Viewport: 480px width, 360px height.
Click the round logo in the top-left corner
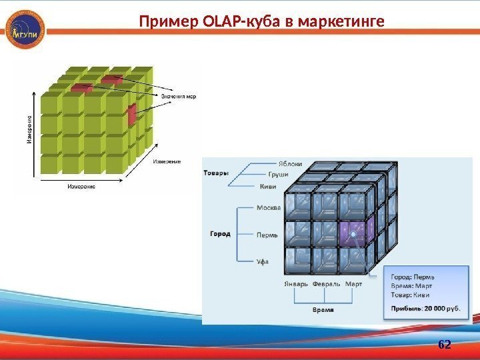(x=25, y=31)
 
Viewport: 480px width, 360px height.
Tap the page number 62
(x=444, y=344)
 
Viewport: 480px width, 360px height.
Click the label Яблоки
(x=290, y=163)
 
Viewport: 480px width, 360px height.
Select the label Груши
(x=279, y=174)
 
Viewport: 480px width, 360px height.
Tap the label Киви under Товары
(x=269, y=186)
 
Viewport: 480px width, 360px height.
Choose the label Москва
(x=269, y=208)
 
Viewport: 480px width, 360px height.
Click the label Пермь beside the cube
(x=267, y=235)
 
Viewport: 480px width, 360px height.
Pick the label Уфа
(x=263, y=261)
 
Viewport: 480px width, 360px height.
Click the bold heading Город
(x=220, y=234)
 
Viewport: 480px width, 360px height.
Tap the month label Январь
(x=296, y=283)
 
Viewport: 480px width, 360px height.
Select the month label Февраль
(x=326, y=283)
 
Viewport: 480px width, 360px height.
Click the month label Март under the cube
(x=353, y=283)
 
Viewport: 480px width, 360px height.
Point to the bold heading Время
(x=323, y=310)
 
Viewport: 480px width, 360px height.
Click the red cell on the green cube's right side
(x=131, y=115)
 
